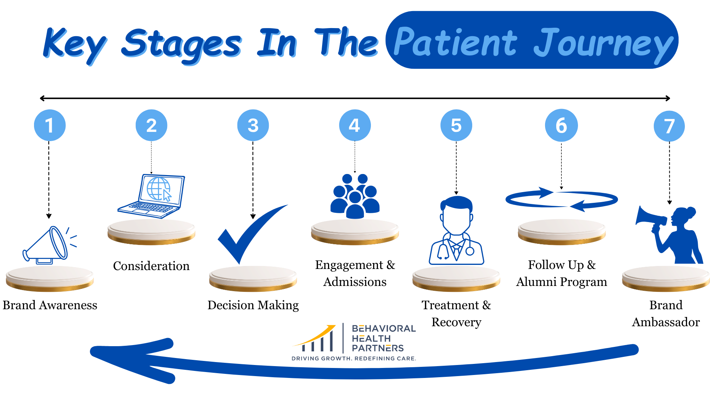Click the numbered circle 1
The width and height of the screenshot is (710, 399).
coord(50,125)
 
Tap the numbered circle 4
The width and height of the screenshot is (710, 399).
coord(355,125)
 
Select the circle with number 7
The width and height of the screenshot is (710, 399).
coord(669,126)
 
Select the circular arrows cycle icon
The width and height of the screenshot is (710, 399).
coord(561,200)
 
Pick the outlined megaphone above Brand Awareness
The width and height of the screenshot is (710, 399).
coord(48,246)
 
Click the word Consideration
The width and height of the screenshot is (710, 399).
coord(151,266)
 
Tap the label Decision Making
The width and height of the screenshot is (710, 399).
coord(253,305)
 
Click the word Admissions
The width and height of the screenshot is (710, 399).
coord(355,282)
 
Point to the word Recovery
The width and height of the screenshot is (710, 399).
coord(456,322)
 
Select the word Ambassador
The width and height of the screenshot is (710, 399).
coord(666,322)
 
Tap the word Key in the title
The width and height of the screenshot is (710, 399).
coord(74,44)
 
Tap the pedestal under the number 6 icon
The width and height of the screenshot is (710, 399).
coord(561,232)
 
